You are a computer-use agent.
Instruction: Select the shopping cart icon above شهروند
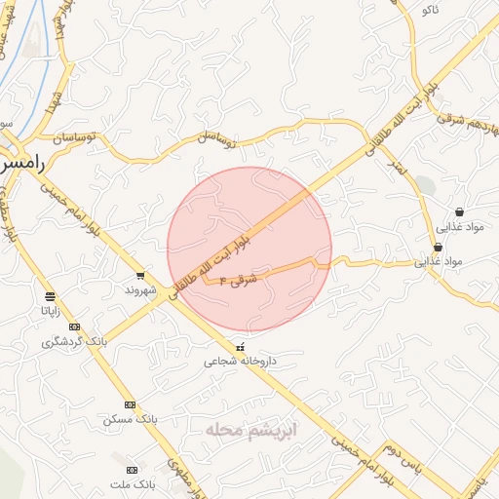coord(141,276)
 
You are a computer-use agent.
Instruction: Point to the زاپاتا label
coord(50,311)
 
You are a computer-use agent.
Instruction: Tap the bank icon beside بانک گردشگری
coord(74,326)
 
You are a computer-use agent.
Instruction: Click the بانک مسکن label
coord(130,419)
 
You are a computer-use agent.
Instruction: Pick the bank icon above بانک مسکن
coord(130,404)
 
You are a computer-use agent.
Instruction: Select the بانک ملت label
coord(132,483)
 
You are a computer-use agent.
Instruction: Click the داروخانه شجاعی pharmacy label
coord(240,361)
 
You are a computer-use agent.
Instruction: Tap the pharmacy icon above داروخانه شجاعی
coord(240,346)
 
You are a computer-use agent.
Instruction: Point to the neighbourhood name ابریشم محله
coord(251,429)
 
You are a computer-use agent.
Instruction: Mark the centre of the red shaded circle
coord(249,249)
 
